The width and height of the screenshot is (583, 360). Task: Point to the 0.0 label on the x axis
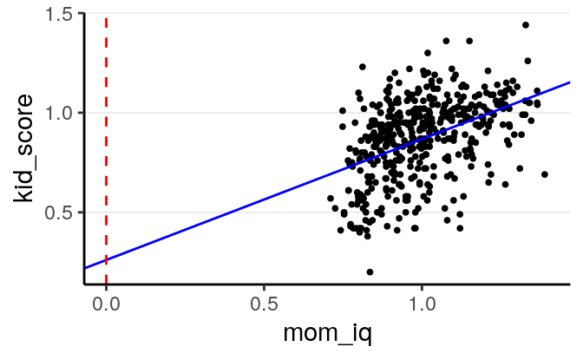click(106, 306)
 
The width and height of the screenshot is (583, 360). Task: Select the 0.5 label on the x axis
click(264, 306)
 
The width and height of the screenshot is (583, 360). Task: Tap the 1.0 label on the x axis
click(422, 306)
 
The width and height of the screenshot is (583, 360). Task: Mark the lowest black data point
click(370, 272)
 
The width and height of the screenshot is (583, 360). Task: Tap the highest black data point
click(526, 25)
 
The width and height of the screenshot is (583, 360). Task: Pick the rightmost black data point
click(545, 174)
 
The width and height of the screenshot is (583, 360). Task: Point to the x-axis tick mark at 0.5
click(264, 287)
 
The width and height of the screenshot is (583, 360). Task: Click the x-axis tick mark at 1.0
click(422, 287)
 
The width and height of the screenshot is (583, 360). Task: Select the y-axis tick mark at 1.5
click(81, 13)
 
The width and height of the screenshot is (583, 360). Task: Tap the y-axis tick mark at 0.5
click(81, 213)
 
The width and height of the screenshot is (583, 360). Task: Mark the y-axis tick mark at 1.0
click(81, 113)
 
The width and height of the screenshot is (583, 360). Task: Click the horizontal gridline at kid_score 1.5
click(330, 13)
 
